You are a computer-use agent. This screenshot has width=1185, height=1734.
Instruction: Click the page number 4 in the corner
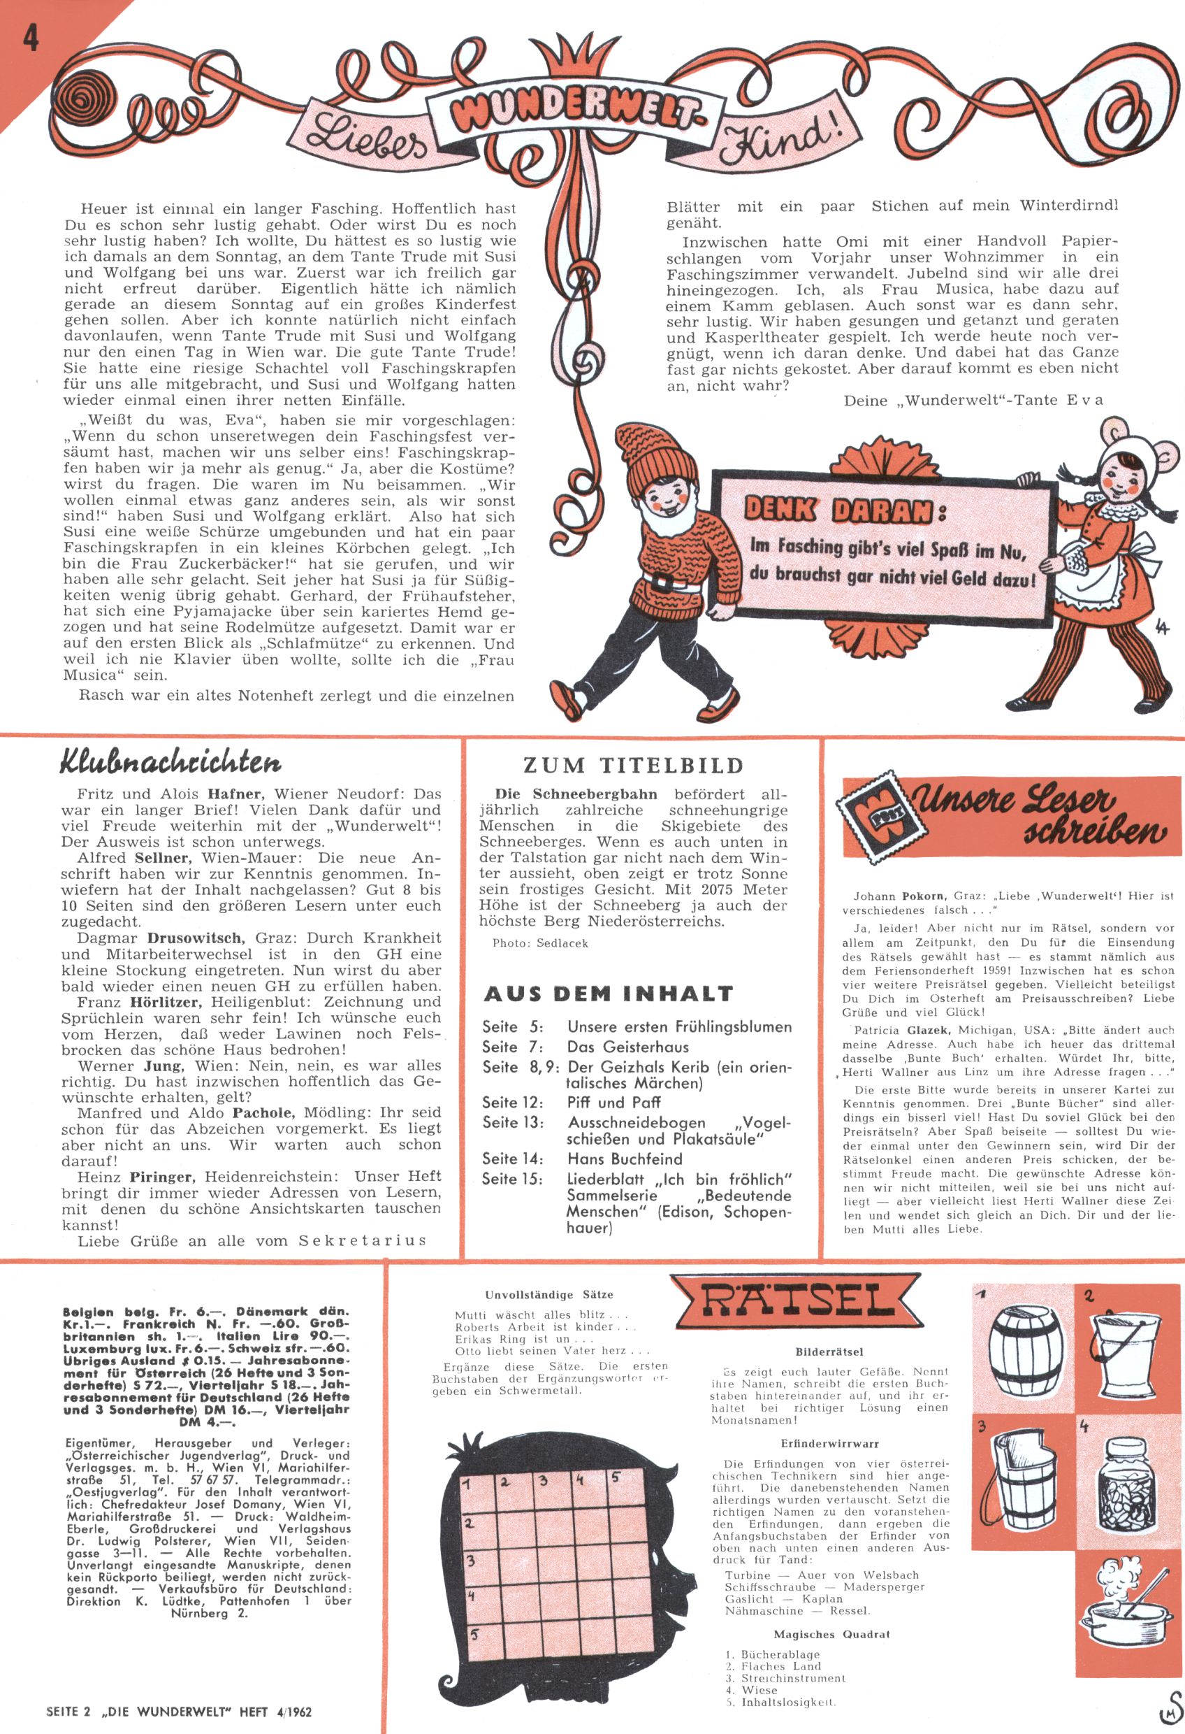pos(31,38)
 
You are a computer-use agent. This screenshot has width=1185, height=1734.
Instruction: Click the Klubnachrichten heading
pos(169,764)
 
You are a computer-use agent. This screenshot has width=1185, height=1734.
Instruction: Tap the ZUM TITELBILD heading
pos(633,765)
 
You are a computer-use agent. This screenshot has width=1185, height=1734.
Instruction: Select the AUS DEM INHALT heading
pos(608,994)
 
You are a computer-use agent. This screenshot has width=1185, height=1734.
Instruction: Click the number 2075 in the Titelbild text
pos(706,889)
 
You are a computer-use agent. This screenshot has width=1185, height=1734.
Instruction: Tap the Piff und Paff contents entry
pos(613,1102)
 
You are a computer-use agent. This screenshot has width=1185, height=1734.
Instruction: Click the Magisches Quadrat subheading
pos(831,1634)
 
